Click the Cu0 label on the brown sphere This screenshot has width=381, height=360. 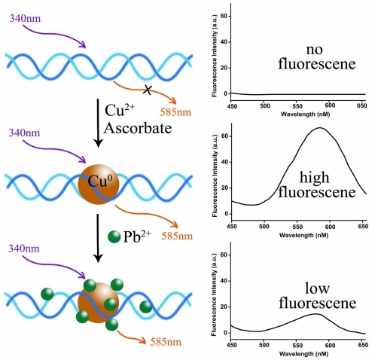(x=99, y=180)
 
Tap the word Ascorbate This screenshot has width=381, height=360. (x=138, y=128)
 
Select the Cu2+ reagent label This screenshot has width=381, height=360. (x=120, y=110)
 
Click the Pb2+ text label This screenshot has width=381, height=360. (x=137, y=236)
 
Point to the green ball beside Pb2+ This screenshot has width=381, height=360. (x=114, y=237)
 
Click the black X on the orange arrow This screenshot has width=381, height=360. (x=148, y=90)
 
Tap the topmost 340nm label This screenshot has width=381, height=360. (x=25, y=18)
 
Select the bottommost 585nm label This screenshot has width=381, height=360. (x=166, y=342)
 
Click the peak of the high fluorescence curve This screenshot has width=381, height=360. (x=320, y=128)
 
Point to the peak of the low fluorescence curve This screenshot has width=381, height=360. (x=316, y=314)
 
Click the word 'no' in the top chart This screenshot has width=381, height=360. (x=314, y=50)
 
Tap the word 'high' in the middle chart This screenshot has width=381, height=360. (x=314, y=178)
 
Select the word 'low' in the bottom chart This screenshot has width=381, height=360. (x=317, y=288)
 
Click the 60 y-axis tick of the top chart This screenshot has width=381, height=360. (x=224, y=16)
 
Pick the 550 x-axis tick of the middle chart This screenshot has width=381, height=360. (x=297, y=227)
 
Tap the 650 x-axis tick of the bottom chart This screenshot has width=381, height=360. (x=363, y=345)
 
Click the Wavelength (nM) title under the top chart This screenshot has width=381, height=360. (x=305, y=114)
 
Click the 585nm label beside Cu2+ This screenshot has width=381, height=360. (x=175, y=112)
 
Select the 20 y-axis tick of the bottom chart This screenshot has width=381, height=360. (x=224, y=307)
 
